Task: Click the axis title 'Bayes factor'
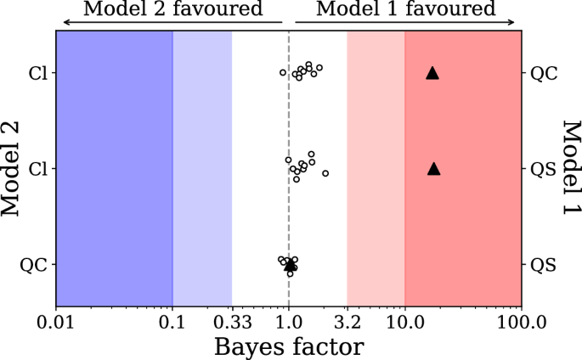point(289,346)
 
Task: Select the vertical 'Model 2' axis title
point(12,168)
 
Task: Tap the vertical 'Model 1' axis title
point(568,168)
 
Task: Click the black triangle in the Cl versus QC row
point(432,73)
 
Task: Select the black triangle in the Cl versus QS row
point(433,168)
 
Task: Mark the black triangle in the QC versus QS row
point(290,266)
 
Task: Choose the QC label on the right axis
point(544,73)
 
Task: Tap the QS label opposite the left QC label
point(543,265)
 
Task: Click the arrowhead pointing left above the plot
point(59,21)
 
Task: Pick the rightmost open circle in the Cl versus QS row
point(325,173)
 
